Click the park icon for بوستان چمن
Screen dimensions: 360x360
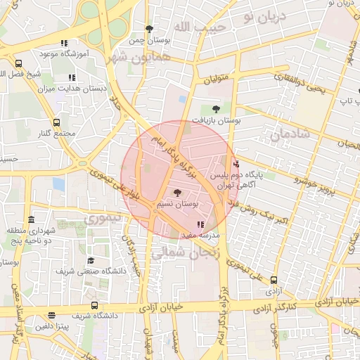point(149,29)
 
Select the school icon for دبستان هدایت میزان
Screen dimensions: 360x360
point(71,77)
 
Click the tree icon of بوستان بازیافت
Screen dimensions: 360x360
point(215,109)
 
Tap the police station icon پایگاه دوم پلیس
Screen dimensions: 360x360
point(235,164)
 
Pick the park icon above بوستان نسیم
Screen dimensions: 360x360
point(176,192)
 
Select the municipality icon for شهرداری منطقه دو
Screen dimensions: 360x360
point(32,220)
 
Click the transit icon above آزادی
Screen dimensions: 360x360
point(274,279)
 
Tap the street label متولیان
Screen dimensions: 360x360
point(217,80)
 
